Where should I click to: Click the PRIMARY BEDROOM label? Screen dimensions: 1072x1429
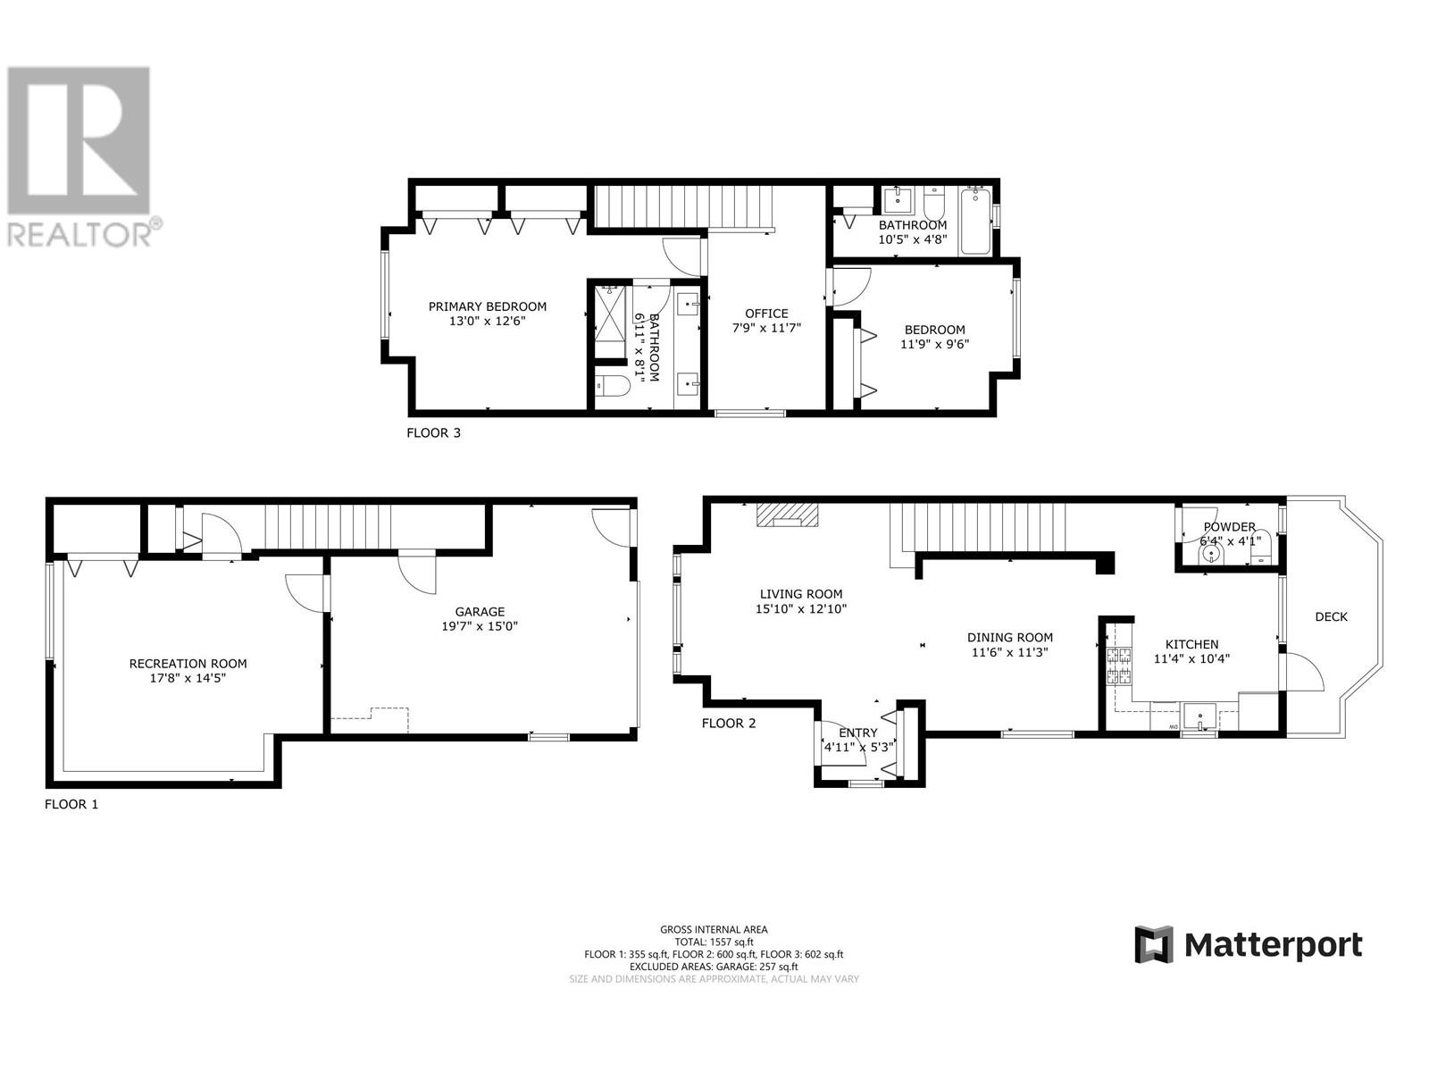487,306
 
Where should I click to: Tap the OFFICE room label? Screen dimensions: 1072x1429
766,314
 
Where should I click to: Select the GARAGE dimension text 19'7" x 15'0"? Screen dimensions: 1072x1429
480,626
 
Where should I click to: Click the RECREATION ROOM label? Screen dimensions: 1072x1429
188,664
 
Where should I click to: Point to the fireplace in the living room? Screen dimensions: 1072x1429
787,515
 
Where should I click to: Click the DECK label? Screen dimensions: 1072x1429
1331,616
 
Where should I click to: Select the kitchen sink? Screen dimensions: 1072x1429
1200,716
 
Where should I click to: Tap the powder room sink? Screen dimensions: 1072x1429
1212,554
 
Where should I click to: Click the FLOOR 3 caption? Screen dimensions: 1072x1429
433,433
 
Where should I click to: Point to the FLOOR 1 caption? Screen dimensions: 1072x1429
71,804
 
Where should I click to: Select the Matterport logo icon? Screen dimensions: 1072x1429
1153,944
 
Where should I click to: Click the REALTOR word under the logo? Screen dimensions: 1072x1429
79,234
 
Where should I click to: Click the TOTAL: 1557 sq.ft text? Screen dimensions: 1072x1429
713,942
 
